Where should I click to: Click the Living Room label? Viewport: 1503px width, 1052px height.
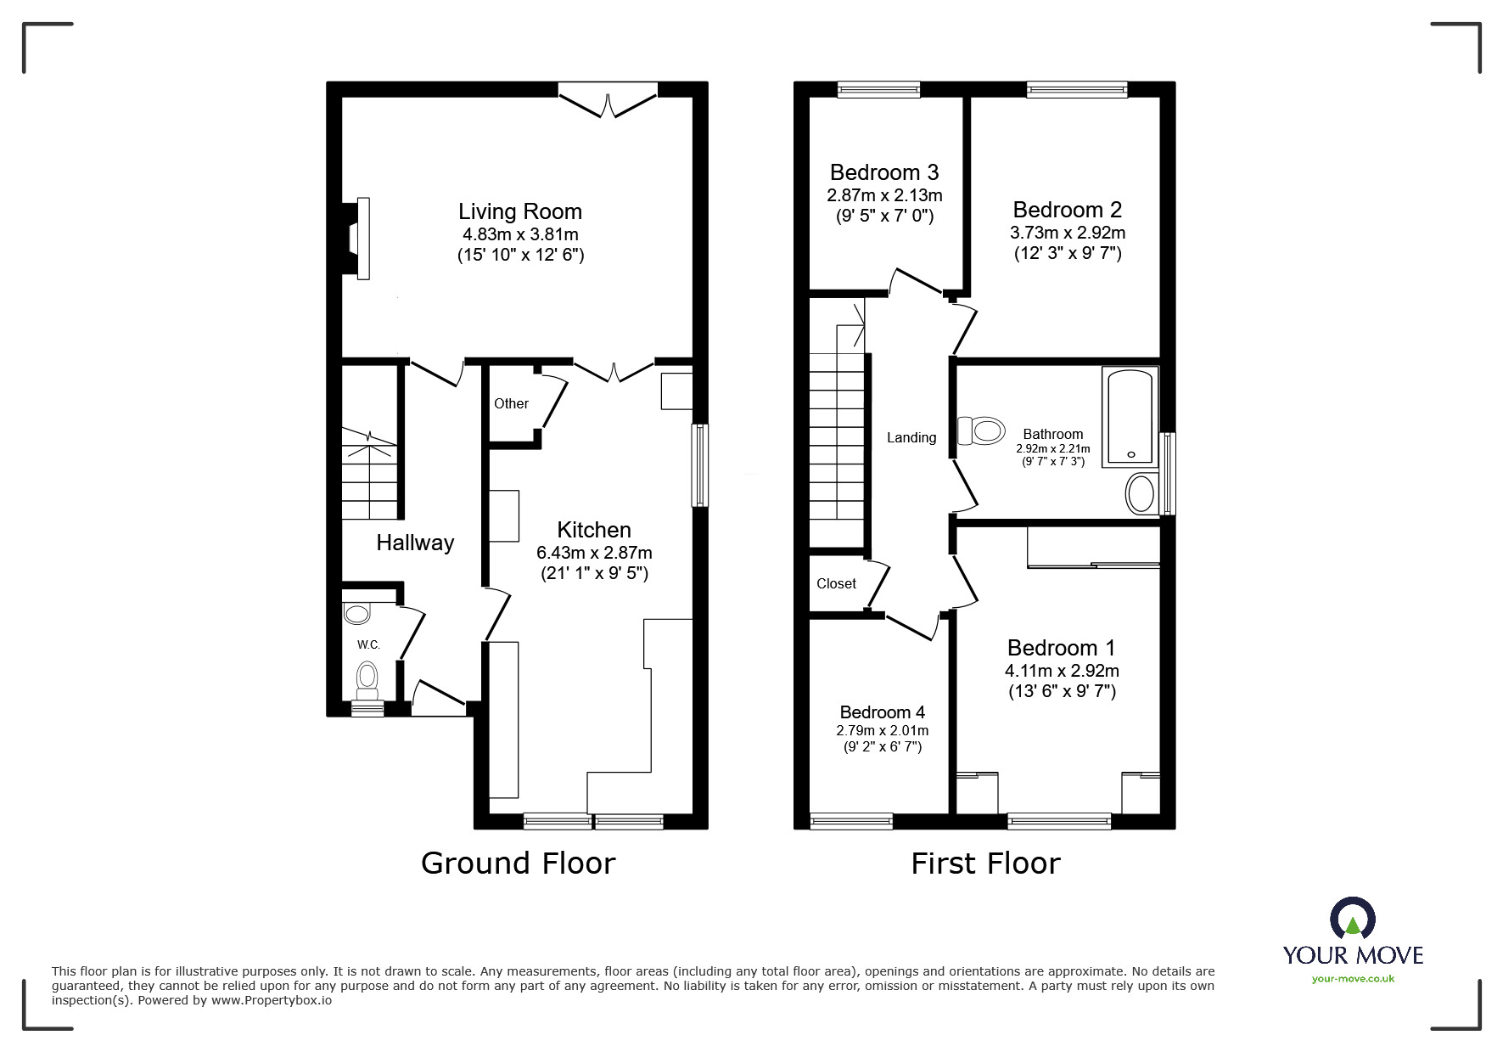pyautogui.click(x=520, y=211)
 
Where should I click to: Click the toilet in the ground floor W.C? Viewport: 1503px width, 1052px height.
pyautogui.click(x=367, y=677)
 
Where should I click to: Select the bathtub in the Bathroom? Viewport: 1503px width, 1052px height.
pyautogui.click(x=1130, y=416)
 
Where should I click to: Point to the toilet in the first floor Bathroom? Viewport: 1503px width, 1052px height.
pyautogui.click(x=981, y=431)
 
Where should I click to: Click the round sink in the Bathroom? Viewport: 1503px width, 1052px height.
pyautogui.click(x=1141, y=494)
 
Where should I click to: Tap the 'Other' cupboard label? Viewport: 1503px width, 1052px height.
pyautogui.click(x=511, y=403)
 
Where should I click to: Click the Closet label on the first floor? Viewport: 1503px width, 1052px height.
pyautogui.click(x=836, y=583)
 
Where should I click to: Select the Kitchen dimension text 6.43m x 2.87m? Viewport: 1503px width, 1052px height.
pyautogui.click(x=594, y=552)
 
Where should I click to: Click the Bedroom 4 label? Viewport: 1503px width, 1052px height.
pyautogui.click(x=882, y=712)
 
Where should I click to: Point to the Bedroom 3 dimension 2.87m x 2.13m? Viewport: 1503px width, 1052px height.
pyautogui.click(x=884, y=195)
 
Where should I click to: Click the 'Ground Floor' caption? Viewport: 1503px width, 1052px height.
pyautogui.click(x=518, y=864)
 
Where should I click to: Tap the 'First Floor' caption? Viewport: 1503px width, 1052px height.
pyautogui.click(x=985, y=864)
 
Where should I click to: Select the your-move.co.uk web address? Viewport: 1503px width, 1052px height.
pyautogui.click(x=1353, y=979)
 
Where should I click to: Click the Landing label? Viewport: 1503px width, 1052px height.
pyautogui.click(x=911, y=438)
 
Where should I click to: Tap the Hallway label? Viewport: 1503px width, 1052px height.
pyautogui.click(x=415, y=543)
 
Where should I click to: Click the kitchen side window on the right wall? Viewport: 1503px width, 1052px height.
pyautogui.click(x=699, y=465)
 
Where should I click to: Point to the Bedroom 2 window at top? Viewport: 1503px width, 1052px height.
pyautogui.click(x=1076, y=89)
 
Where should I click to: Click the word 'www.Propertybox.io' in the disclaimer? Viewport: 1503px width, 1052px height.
pyautogui.click(x=271, y=1000)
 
